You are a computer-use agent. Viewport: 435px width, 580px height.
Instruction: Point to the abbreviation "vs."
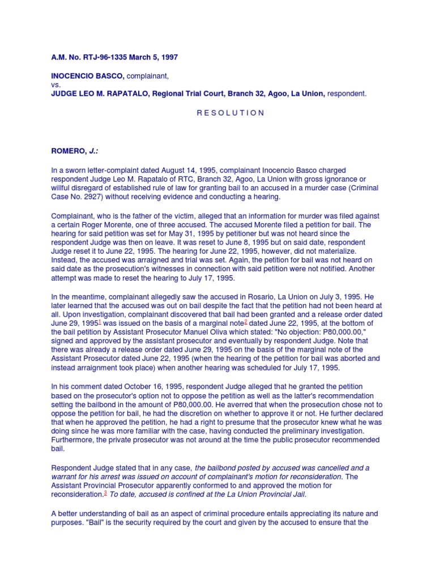tap(56, 85)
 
